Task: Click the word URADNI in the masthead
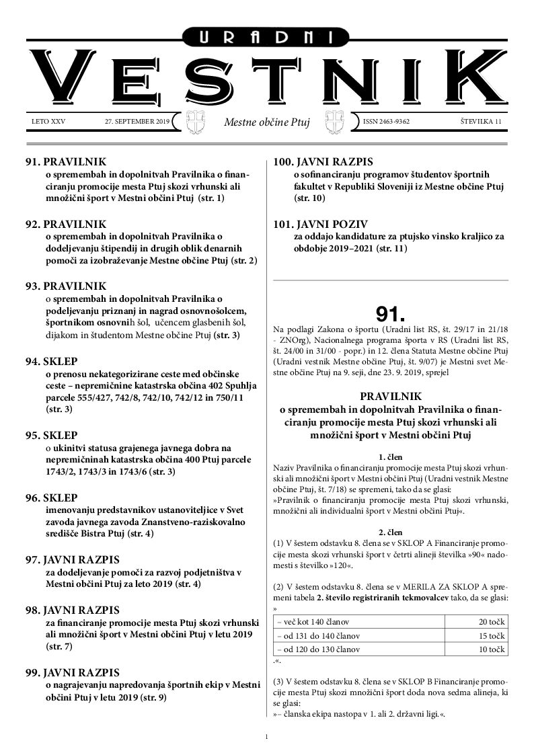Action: click(267, 38)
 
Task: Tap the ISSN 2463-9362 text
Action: click(386, 122)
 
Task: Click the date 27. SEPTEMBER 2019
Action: click(137, 122)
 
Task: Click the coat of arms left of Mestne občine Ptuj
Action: click(196, 122)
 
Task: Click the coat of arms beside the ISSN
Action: click(336, 122)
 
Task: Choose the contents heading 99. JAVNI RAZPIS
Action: click(73, 672)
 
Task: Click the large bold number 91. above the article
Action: click(391, 314)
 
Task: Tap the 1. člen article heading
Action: click(391, 456)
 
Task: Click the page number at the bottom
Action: click(267, 738)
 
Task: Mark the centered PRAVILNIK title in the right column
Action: click(391, 396)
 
